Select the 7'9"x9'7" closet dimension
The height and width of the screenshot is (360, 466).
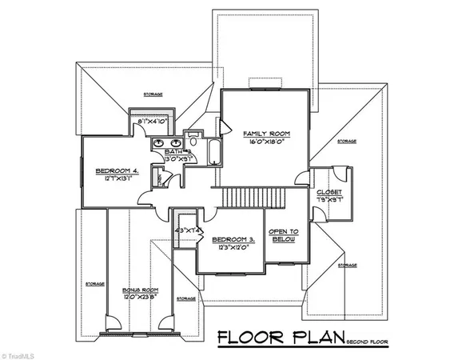click(329, 199)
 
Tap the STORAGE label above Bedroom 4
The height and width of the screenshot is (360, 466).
click(153, 94)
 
